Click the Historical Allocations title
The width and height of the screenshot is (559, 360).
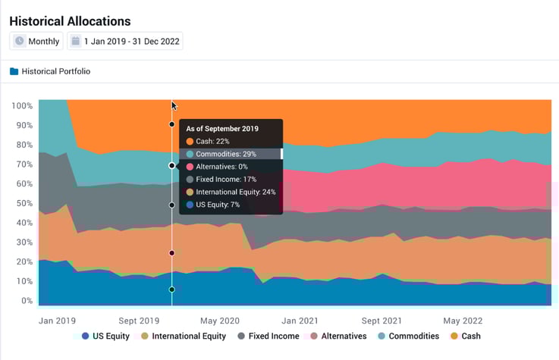[x=70, y=21]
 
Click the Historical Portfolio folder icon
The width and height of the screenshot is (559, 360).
[x=14, y=72]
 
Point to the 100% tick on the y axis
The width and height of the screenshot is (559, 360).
[x=22, y=106]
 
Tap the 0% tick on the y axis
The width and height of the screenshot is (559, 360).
[x=26, y=301]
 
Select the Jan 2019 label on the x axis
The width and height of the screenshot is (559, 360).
[x=58, y=321]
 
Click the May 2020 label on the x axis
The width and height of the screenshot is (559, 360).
[x=219, y=321]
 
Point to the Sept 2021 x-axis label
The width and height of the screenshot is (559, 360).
[x=382, y=321]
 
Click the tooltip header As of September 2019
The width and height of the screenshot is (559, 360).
[x=222, y=129]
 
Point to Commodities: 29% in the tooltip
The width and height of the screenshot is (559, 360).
[x=226, y=154]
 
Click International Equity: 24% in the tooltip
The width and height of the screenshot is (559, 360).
[x=235, y=192]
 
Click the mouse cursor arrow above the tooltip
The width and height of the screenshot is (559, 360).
[x=174, y=106]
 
